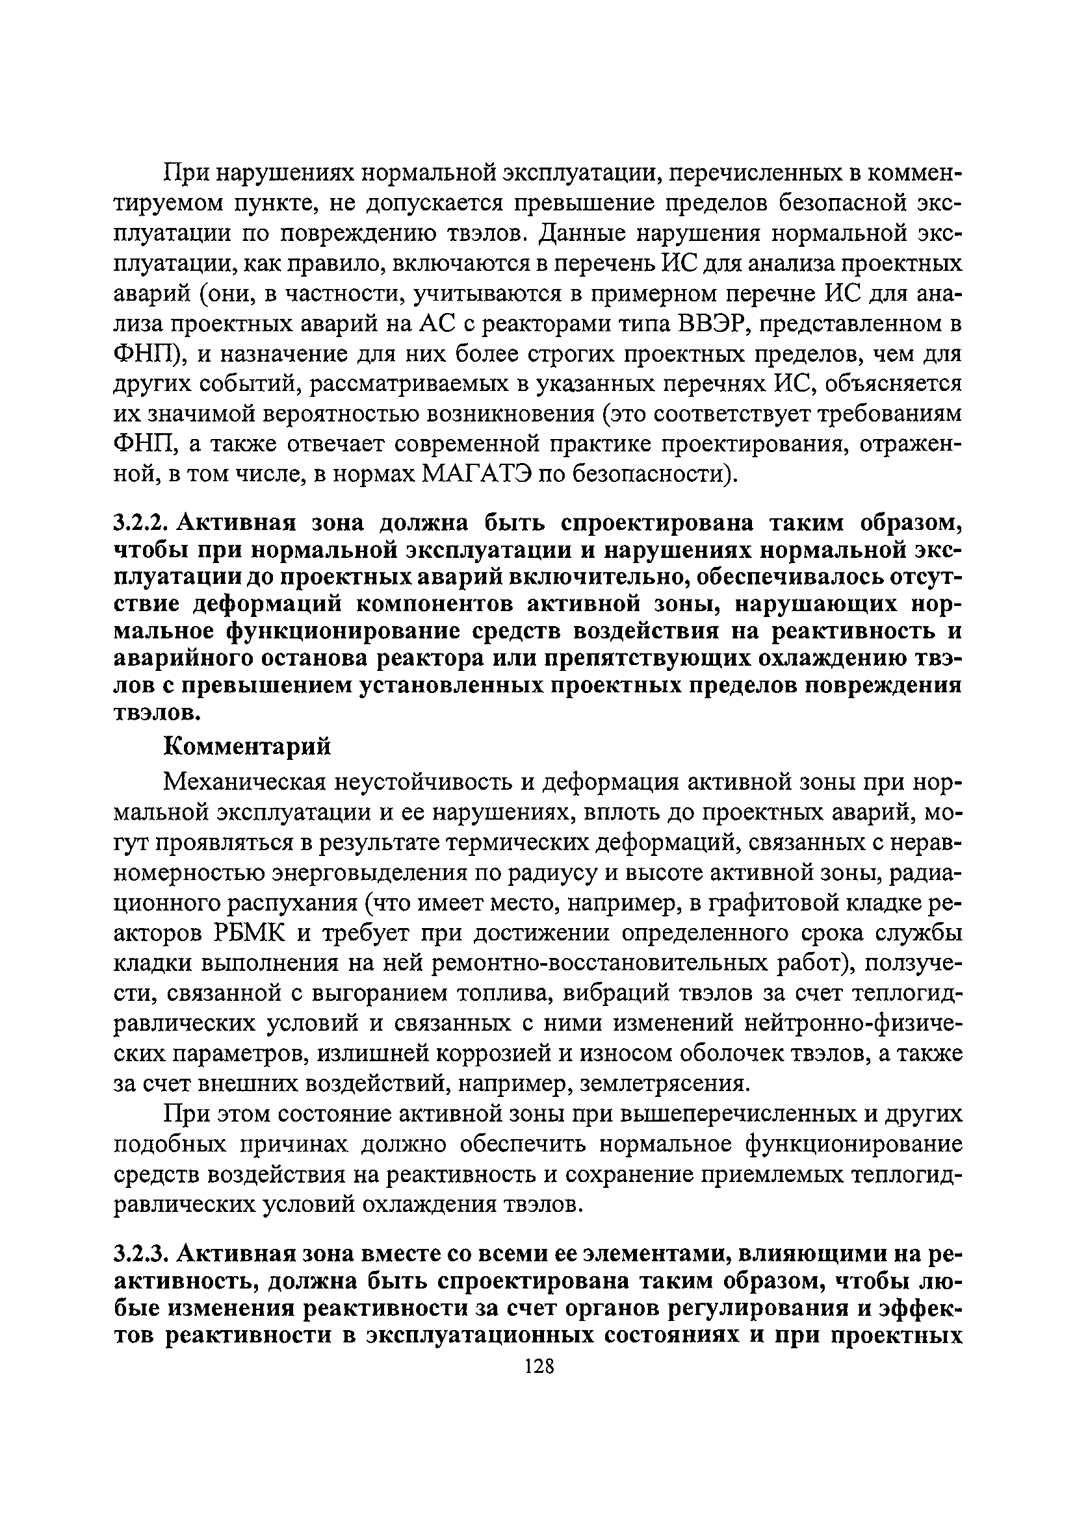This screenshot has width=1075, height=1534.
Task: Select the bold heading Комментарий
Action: click(248, 746)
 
